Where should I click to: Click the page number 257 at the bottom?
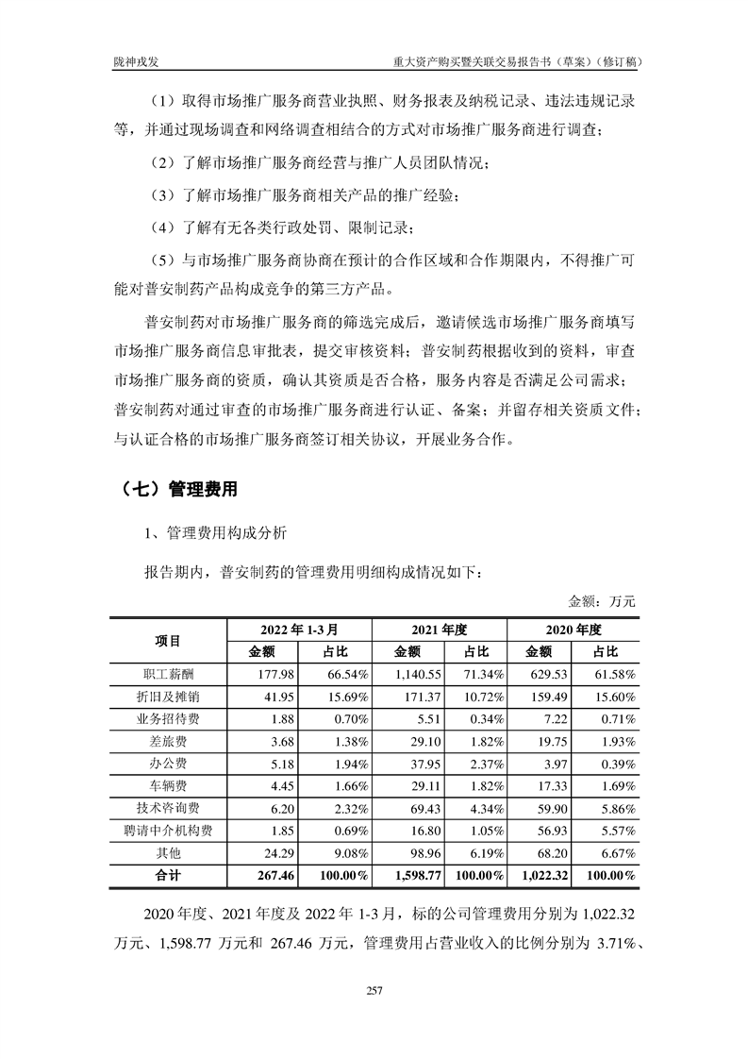pos(374,990)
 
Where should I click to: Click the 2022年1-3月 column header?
pos(299,628)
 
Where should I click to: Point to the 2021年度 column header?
pos(440,628)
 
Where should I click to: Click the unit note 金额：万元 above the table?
pos(603,600)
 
